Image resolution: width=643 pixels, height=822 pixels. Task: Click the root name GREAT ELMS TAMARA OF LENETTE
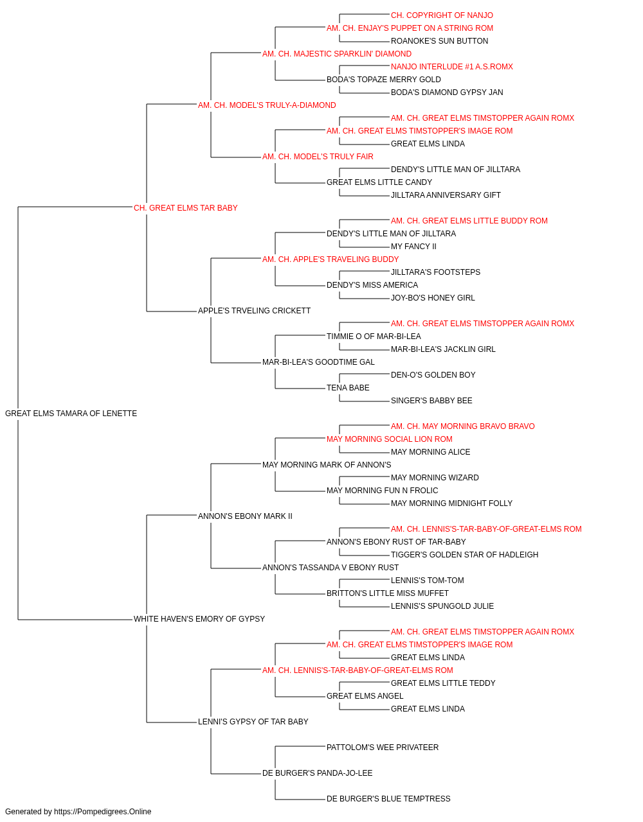71,414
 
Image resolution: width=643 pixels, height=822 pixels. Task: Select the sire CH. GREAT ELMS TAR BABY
186,208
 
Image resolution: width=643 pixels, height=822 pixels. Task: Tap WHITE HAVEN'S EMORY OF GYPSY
199,619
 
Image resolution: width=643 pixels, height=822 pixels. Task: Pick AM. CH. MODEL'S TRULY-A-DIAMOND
267,105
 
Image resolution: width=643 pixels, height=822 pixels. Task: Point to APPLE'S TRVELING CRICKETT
254,311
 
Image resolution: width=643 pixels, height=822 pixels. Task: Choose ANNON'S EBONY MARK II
245,516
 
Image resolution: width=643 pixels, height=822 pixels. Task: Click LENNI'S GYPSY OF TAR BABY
253,721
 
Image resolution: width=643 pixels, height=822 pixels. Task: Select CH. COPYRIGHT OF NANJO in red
442,15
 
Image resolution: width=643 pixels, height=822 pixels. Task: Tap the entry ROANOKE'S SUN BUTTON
439,41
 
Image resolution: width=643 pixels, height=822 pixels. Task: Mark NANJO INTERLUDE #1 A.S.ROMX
452,67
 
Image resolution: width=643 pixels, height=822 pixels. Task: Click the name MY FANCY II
413,246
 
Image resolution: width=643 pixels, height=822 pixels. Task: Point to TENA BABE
348,388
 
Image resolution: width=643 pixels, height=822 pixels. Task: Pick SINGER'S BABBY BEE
431,401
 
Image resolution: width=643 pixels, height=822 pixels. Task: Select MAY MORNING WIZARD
435,477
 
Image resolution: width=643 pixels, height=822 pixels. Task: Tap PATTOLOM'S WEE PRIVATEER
383,747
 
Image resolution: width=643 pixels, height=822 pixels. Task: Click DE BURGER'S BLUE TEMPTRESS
388,798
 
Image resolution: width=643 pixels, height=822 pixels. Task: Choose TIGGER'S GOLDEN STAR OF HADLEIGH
464,555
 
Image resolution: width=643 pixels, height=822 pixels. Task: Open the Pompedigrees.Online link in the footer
103,812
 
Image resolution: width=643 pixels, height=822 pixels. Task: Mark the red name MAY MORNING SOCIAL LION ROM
389,439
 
